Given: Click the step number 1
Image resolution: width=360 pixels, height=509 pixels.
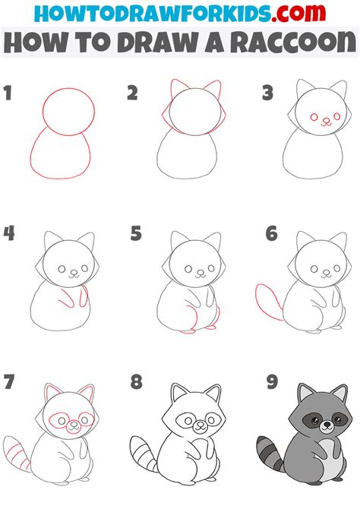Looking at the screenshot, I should tap(9, 94).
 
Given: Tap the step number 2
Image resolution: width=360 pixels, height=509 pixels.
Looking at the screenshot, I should tap(132, 94).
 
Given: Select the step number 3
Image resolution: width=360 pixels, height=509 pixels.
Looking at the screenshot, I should tap(267, 94).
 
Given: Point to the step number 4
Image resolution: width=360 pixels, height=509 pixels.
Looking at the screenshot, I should tap(9, 233).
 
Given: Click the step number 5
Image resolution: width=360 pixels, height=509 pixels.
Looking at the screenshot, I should tap(135, 233).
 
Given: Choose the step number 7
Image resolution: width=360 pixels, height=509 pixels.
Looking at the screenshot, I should tap(9, 382).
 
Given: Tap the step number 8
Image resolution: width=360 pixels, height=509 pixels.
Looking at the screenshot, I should tap(135, 382).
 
